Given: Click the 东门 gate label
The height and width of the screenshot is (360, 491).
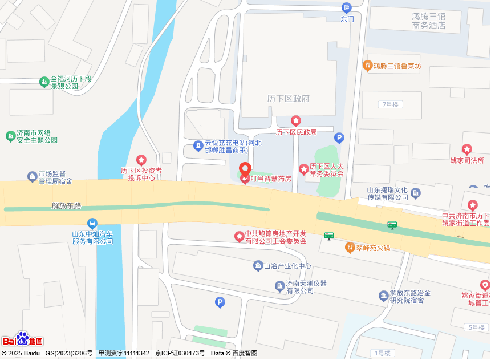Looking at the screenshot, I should [x=347, y=19].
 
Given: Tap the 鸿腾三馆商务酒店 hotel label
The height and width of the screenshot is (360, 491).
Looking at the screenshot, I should [x=428, y=21].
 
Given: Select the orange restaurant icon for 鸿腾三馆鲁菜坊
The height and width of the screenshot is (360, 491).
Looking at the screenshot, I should [x=368, y=66].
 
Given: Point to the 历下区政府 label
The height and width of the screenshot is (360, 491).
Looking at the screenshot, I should [x=288, y=99].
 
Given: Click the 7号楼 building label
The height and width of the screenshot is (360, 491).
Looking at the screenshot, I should [x=391, y=104].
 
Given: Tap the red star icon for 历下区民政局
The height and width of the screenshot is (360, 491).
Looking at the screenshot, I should [x=295, y=121].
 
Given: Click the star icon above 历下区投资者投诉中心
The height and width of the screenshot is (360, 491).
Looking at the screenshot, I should [x=141, y=160].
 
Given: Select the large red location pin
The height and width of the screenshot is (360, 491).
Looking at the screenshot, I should [x=245, y=171].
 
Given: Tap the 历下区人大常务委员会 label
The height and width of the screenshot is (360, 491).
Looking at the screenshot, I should [x=327, y=170].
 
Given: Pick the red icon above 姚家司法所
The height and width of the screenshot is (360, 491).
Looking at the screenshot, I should [x=467, y=150].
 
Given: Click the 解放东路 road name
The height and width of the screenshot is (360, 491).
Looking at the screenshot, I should [x=67, y=205].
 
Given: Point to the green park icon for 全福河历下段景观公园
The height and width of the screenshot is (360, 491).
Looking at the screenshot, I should [x=44, y=82].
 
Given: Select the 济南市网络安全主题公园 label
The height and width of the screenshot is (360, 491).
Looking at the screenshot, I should [x=37, y=136].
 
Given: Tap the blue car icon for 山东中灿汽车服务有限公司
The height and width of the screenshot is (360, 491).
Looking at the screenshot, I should [x=92, y=223].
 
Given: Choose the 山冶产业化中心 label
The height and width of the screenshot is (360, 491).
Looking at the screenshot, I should [x=287, y=266].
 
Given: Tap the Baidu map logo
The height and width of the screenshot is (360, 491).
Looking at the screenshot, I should [x=23, y=340].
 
